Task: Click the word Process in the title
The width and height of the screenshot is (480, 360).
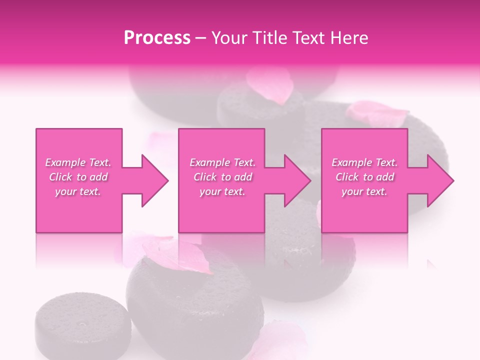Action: (x=157, y=38)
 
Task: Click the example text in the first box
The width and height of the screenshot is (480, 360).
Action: (x=78, y=177)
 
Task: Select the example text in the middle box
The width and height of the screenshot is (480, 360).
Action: (x=222, y=177)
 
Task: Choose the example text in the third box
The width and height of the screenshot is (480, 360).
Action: (x=364, y=177)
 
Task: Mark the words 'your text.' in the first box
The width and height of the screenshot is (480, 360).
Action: (x=78, y=191)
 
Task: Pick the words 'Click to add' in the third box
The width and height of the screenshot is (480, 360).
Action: (x=365, y=177)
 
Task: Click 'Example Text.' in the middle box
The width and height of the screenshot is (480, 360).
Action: (x=222, y=162)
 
